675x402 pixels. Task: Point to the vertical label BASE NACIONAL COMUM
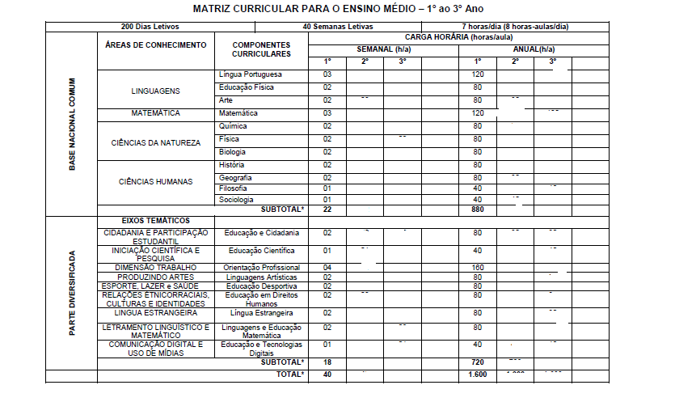72,124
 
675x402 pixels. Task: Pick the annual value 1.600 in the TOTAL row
478,375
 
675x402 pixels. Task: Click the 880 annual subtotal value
478,209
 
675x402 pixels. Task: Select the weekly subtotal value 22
328,209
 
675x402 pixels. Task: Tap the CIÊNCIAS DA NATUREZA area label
156,142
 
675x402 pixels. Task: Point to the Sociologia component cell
236,199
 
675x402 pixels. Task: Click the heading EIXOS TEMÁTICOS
156,220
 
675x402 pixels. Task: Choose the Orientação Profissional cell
262,268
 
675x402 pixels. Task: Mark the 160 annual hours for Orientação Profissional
478,268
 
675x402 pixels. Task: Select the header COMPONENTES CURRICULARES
261,49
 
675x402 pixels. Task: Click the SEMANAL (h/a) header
384,50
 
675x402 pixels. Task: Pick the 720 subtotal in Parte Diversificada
478,362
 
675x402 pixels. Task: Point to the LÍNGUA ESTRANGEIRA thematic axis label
156,312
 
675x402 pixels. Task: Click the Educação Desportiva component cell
262,286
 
